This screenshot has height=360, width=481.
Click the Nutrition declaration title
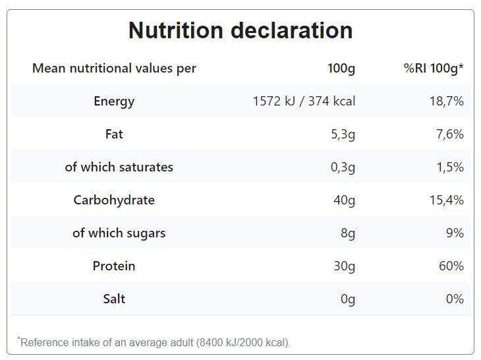point(240,30)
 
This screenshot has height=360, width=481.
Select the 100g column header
point(341,69)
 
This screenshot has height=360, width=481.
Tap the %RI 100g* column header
point(434,69)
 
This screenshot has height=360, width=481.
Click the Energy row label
point(114,102)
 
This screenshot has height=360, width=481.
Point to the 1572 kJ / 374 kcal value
point(304,102)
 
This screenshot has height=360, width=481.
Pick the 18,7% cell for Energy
point(446,102)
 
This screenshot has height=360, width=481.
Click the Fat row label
point(114,135)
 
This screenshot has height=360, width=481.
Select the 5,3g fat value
point(342,135)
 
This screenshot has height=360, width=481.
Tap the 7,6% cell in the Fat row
point(449,135)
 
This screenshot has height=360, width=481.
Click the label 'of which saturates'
point(119,167)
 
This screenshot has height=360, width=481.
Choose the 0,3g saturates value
point(342,167)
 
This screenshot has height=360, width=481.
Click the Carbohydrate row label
point(114,200)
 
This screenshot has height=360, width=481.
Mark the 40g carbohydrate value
point(344,200)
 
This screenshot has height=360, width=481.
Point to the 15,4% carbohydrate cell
point(446,200)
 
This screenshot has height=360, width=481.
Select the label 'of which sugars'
point(119,233)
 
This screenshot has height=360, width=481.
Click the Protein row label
point(114,266)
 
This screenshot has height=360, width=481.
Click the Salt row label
point(114,299)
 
